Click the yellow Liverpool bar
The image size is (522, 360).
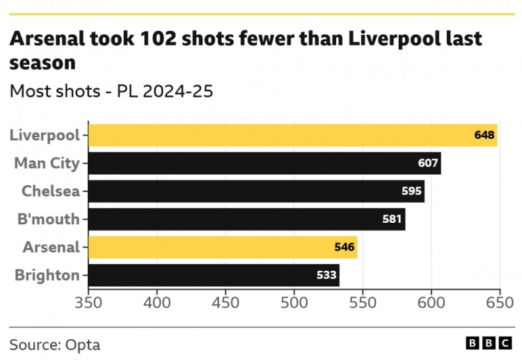(x=278, y=135)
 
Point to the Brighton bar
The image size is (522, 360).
(x=209, y=275)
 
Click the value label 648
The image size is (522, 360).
(x=484, y=135)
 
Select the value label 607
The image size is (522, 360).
(x=428, y=164)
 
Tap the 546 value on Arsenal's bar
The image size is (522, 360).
(x=345, y=247)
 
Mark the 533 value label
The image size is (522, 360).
(x=326, y=275)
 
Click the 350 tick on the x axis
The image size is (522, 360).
(x=88, y=304)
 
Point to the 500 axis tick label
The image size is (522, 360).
(x=294, y=304)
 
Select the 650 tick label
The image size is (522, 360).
(x=499, y=304)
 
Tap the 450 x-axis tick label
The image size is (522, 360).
(x=226, y=304)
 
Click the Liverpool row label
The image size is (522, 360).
(x=45, y=135)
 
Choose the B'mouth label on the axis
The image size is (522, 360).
(x=48, y=219)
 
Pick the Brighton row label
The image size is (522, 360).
(x=47, y=275)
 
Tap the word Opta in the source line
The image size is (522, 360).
(x=83, y=345)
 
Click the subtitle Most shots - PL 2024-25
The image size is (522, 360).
(x=111, y=91)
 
